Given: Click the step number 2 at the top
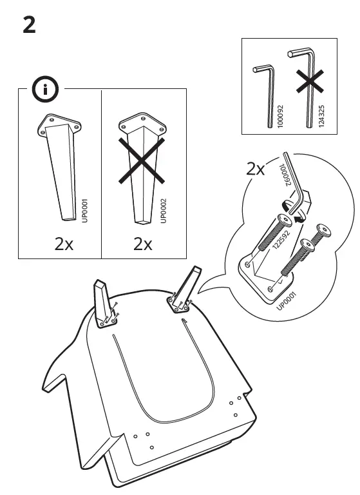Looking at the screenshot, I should click(x=29, y=25).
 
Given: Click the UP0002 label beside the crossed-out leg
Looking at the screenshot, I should click(x=163, y=211).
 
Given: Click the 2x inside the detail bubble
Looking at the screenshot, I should click(x=256, y=170).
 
